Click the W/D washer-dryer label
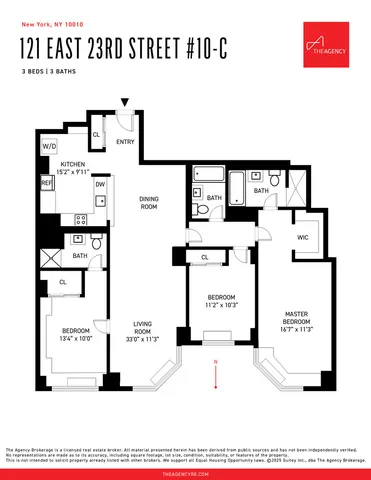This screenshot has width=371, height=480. (48, 146)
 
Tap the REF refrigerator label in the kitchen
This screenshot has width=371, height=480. (47, 183)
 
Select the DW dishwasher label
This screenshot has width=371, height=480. (100, 183)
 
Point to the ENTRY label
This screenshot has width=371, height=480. (125, 142)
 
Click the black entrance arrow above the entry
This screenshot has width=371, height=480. (125, 102)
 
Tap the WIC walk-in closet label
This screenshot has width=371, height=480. (302, 237)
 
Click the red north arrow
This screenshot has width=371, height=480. (215, 361)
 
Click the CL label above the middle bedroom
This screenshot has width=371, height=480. (204, 257)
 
